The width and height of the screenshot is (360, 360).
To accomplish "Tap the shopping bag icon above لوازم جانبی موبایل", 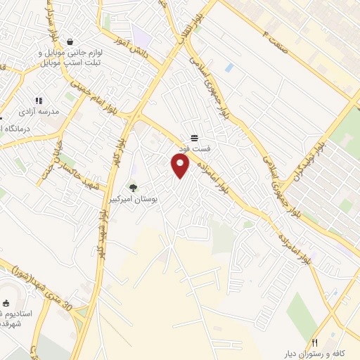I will click(x=69, y=41).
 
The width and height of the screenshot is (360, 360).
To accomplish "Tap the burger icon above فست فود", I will click(x=194, y=138).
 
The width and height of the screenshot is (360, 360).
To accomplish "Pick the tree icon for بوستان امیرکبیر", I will click(x=133, y=188).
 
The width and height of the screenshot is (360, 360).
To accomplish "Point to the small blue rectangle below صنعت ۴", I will click(x=229, y=67).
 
